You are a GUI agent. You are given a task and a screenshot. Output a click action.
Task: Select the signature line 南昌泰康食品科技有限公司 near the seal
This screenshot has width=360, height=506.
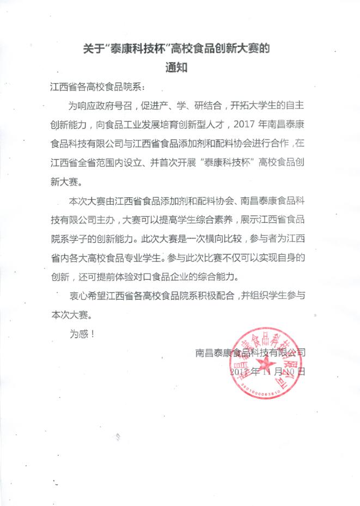click(251, 352)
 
